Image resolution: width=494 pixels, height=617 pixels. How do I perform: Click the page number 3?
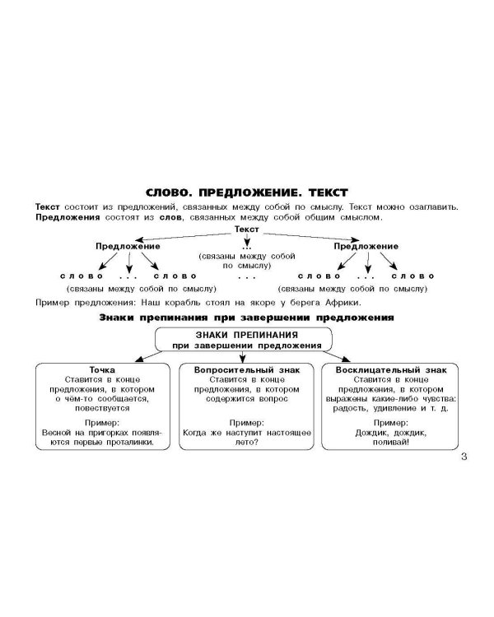click(x=464, y=457)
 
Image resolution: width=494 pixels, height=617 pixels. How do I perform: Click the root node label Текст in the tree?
click(x=247, y=229)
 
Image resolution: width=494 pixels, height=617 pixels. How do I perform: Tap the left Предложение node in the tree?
click(x=128, y=246)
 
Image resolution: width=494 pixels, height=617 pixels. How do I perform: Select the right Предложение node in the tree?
click(x=366, y=246)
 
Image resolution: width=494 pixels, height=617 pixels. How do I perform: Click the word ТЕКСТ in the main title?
click(x=329, y=193)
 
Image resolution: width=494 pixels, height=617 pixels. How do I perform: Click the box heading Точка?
click(x=102, y=370)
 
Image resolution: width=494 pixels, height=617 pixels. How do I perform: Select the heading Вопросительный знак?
click(x=247, y=370)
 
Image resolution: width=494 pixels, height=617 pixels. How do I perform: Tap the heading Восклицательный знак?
click(x=391, y=370)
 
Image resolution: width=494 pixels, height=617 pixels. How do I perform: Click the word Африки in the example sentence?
click(x=343, y=303)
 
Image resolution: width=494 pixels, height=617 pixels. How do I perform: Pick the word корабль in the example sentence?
click(x=182, y=303)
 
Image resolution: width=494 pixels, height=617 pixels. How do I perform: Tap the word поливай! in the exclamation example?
click(x=391, y=443)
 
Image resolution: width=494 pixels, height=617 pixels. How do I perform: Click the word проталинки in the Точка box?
click(x=130, y=443)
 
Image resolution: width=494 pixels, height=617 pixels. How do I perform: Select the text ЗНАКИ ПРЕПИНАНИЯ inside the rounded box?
click(x=247, y=336)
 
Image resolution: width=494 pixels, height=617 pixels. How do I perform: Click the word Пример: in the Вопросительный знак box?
click(x=247, y=423)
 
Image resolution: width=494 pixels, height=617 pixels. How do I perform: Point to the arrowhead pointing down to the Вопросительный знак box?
click(x=242, y=359)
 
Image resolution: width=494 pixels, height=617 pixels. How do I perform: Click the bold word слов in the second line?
click(x=170, y=217)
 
